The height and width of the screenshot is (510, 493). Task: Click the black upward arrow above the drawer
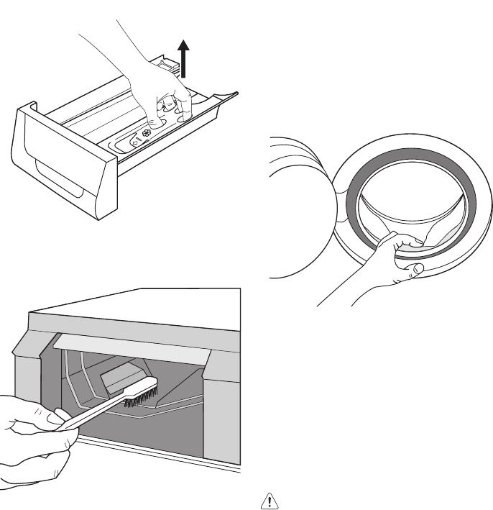point(185,58)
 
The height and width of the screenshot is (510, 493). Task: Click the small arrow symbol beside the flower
point(135,142)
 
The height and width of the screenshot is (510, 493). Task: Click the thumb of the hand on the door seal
point(415,269)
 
